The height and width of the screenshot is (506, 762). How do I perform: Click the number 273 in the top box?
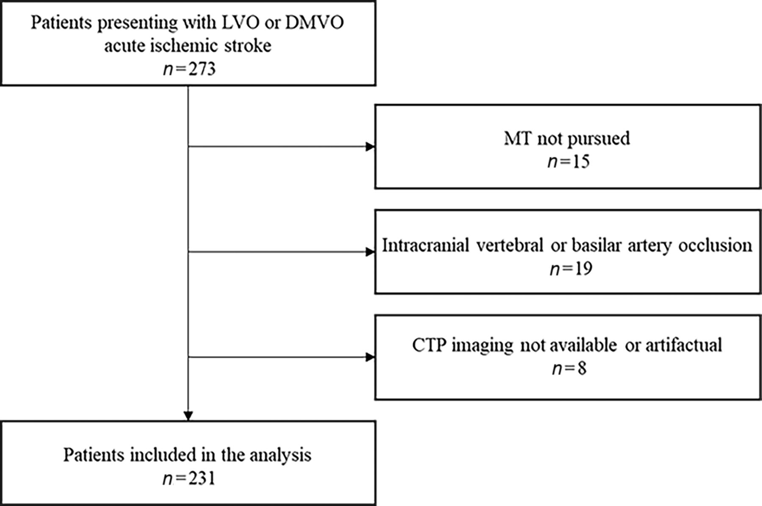click(x=202, y=69)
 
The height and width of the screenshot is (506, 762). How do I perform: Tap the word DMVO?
click(x=314, y=22)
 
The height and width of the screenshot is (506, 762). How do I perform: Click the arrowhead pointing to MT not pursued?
click(x=370, y=147)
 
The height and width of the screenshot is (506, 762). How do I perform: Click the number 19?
click(x=582, y=269)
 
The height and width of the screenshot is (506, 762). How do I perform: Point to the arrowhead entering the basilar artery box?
click(x=370, y=252)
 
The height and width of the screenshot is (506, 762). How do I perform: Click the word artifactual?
click(x=684, y=345)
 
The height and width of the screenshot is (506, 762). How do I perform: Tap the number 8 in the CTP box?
click(x=582, y=369)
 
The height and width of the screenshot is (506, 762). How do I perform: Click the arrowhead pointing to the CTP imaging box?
click(x=370, y=357)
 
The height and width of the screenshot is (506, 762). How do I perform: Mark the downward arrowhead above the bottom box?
click(x=188, y=416)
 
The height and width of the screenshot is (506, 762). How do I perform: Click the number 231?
click(x=202, y=479)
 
